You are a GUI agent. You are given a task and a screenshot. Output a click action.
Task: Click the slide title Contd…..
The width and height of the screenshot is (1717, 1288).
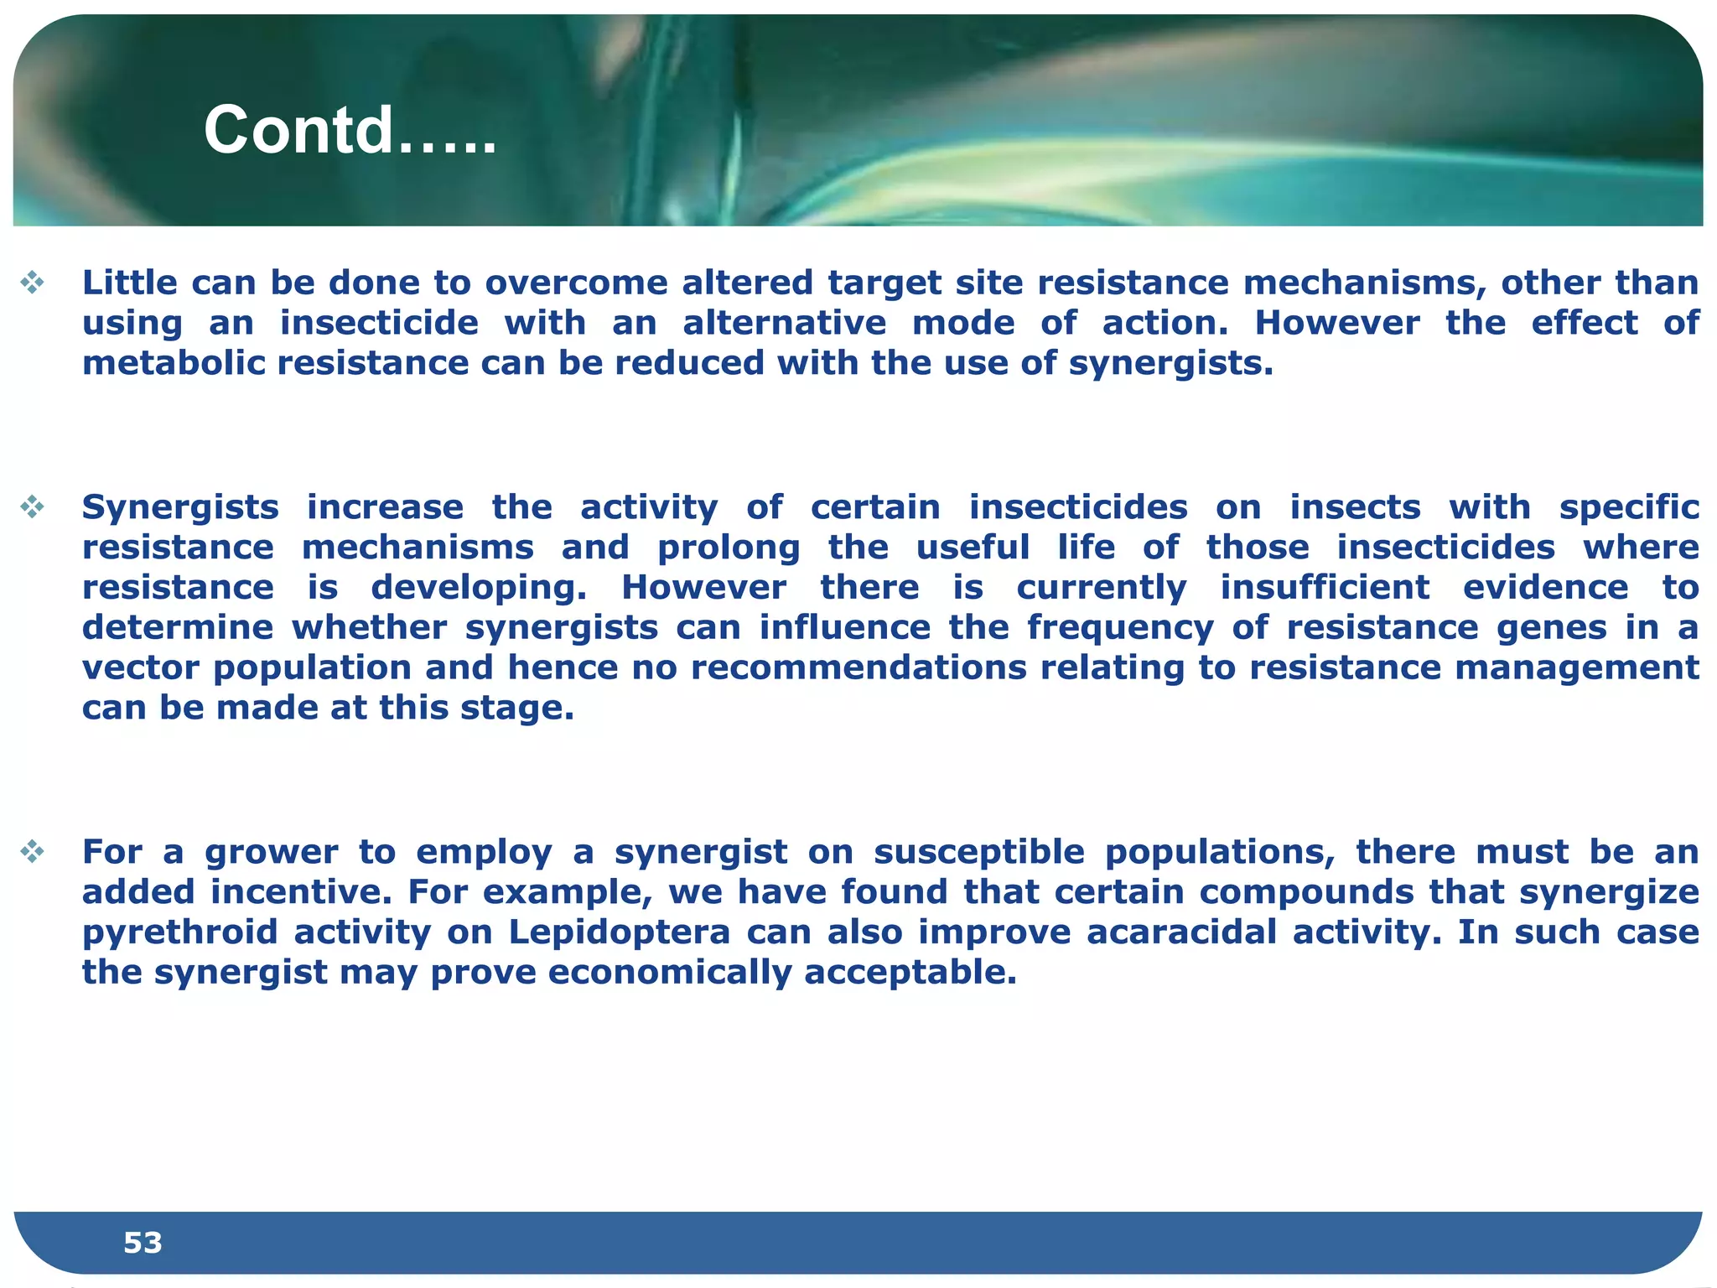point(350,131)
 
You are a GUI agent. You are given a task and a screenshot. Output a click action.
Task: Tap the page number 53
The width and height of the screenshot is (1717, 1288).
point(143,1242)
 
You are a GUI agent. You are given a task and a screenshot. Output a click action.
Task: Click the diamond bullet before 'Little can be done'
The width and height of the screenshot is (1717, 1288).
point(33,283)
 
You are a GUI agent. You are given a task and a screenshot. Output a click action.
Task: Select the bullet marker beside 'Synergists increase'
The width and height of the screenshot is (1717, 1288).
point(33,506)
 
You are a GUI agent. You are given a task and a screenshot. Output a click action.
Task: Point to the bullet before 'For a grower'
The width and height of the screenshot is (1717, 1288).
point(33,852)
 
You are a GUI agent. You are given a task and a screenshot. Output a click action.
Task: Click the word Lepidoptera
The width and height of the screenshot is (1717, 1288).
point(620,932)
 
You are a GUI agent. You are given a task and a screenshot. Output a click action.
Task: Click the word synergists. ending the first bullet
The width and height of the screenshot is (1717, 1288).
point(1171,364)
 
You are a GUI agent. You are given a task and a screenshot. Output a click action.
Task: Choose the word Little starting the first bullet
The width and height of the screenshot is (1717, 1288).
point(129,283)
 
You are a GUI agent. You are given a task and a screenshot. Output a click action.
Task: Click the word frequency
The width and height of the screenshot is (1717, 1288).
point(1120,627)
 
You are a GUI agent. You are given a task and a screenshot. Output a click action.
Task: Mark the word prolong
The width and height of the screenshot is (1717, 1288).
point(729,548)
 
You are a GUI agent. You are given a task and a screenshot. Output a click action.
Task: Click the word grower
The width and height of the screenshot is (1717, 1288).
point(272,852)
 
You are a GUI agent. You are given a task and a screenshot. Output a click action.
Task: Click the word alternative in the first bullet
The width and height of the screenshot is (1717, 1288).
point(784,323)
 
